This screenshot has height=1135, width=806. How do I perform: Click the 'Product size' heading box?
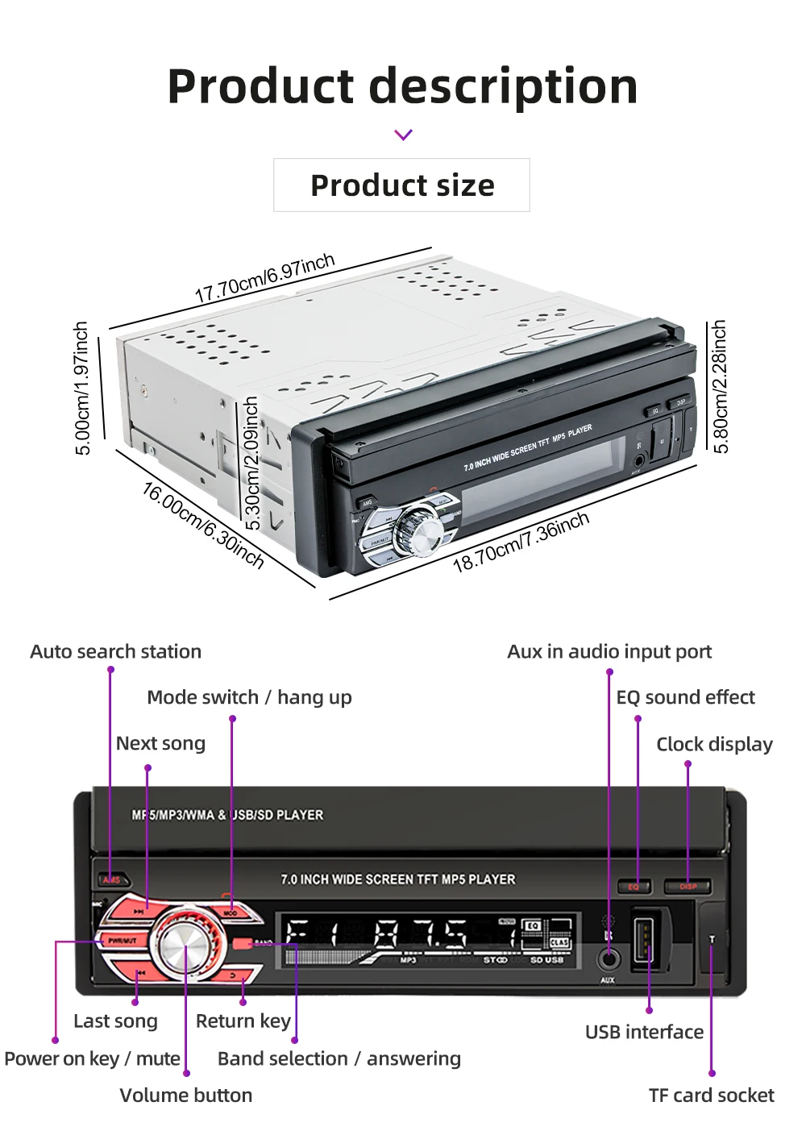tap(401, 185)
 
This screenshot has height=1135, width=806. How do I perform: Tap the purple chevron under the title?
tap(404, 135)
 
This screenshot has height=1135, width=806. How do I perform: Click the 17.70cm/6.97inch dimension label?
tap(264, 277)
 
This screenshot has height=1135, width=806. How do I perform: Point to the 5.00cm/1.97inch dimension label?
tap(81, 388)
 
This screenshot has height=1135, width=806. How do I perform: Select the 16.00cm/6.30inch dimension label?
tap(203, 526)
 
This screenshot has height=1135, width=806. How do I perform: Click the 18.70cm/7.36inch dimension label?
tap(521, 542)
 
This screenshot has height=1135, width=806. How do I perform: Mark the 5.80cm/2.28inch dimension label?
tap(720, 386)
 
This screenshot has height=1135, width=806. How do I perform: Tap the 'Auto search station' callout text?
tap(115, 651)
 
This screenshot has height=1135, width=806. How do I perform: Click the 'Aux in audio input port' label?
tap(609, 651)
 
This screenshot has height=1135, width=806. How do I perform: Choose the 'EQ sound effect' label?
tap(685, 697)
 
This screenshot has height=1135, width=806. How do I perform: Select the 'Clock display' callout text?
tap(714, 744)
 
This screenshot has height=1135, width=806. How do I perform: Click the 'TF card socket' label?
tap(711, 1096)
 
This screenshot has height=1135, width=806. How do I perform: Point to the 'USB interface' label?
tap(644, 1032)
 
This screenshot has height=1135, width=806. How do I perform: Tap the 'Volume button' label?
tap(185, 1096)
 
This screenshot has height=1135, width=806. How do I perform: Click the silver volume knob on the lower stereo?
tap(185, 946)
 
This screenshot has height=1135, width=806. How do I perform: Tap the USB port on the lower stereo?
tap(643, 938)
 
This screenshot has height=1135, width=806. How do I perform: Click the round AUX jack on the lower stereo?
tap(609, 959)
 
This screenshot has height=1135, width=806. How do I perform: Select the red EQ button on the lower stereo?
tap(634, 887)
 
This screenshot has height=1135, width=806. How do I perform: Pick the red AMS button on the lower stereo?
tap(111, 879)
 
